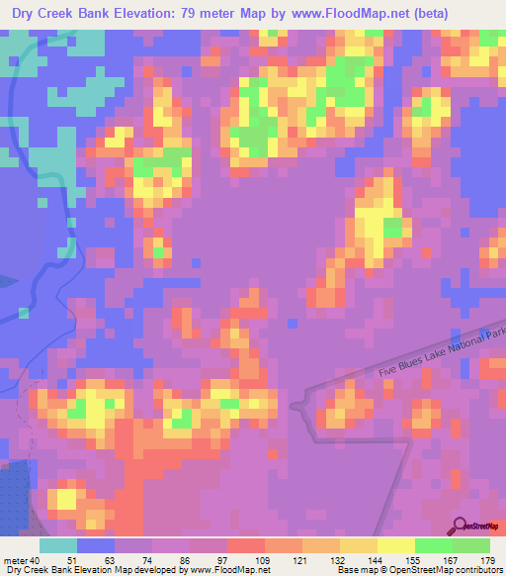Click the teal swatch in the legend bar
tap(58, 546)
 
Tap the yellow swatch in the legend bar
tap(396, 546)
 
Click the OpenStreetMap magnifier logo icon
tap(459, 524)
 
